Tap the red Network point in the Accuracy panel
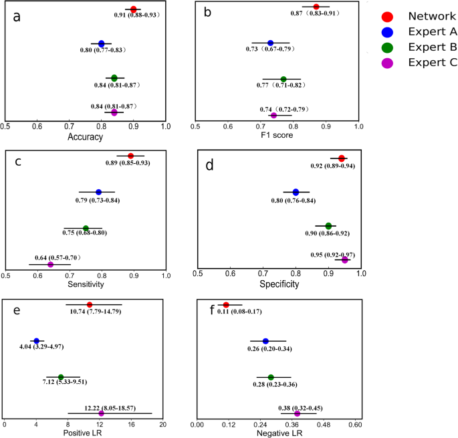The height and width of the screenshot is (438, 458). click(x=133, y=9)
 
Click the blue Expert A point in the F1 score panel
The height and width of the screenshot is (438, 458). click(x=270, y=43)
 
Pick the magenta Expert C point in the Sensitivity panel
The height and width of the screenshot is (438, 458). click(x=50, y=264)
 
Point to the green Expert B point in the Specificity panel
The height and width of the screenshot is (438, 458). click(x=328, y=226)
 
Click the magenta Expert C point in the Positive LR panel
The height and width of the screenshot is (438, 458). click(x=102, y=413)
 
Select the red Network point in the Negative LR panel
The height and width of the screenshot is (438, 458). click(x=226, y=305)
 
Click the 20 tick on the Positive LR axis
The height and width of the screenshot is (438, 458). click(x=163, y=424)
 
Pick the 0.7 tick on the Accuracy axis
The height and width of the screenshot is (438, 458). click(x=69, y=125)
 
